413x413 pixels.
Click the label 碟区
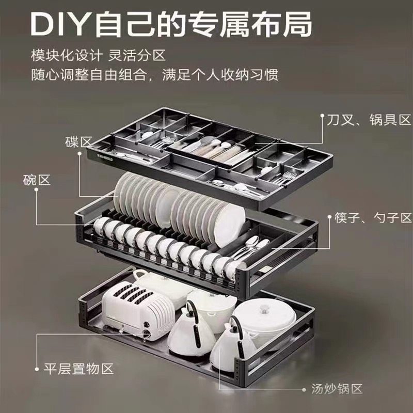[78, 141]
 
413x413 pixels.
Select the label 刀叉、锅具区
[369, 120]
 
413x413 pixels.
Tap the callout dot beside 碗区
[37, 190]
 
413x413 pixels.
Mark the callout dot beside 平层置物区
[37, 369]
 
